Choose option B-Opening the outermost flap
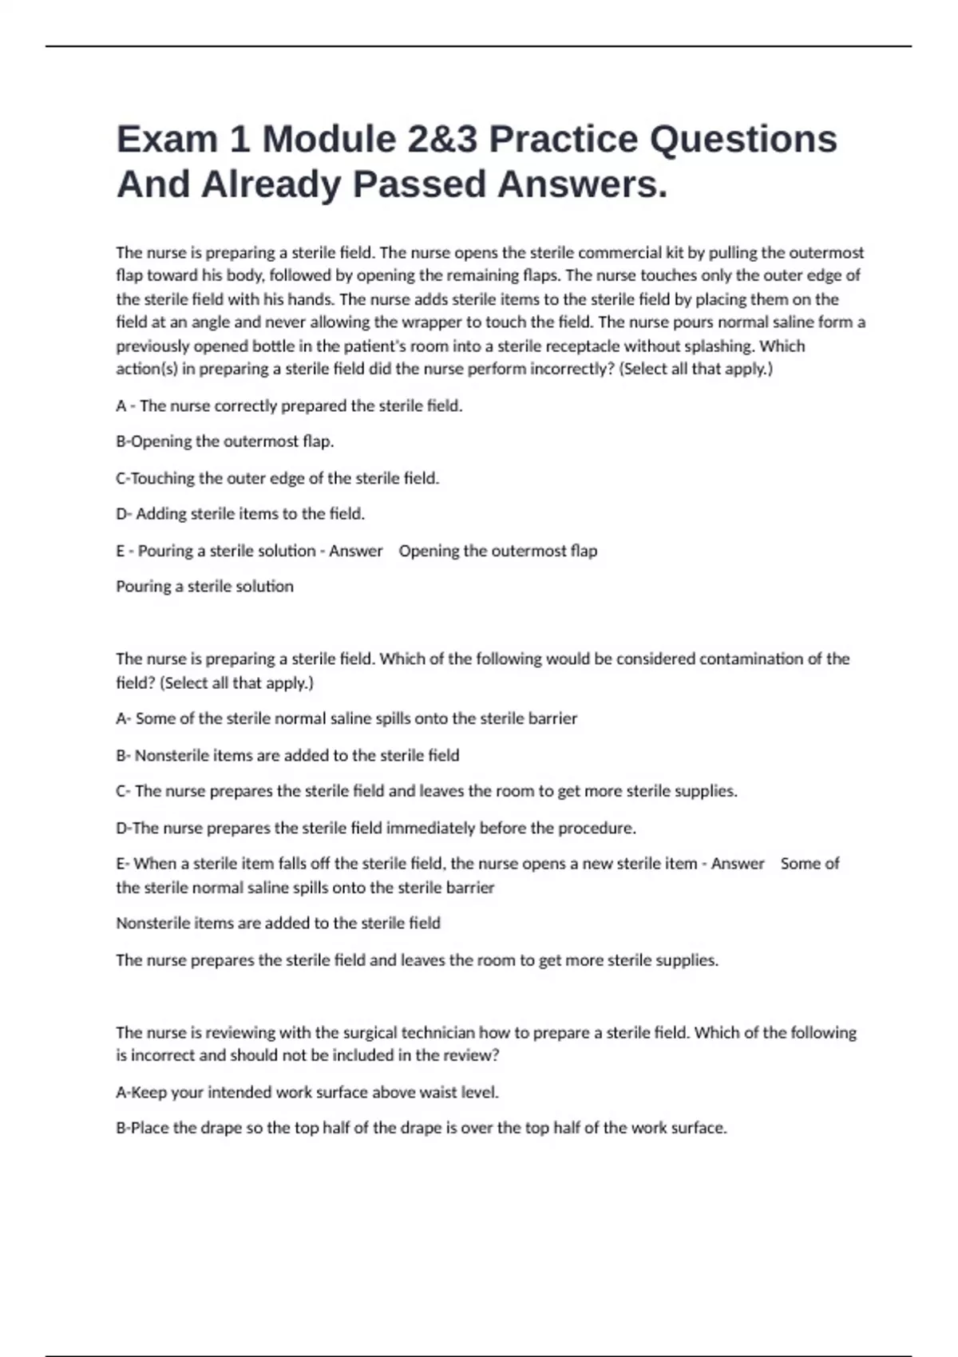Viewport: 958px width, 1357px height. click(x=225, y=441)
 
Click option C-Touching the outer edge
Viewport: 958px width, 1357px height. click(x=278, y=478)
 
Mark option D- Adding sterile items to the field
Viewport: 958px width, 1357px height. click(x=240, y=514)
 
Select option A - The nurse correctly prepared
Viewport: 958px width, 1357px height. click(x=289, y=406)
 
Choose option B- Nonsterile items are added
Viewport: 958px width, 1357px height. click(x=287, y=755)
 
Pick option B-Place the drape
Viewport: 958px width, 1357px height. click(x=422, y=1129)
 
